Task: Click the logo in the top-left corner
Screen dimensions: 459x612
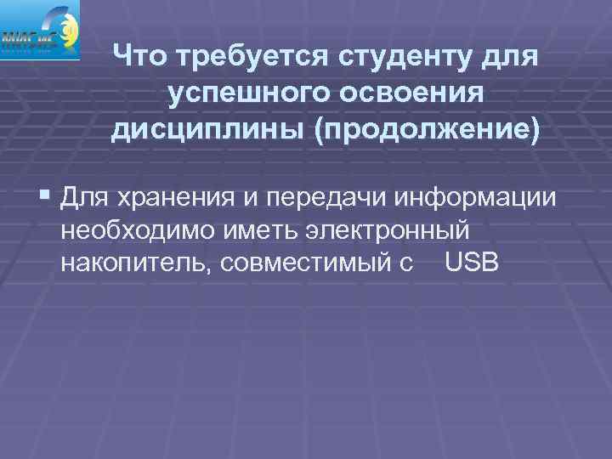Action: (x=40, y=30)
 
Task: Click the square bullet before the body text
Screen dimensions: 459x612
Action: (x=44, y=198)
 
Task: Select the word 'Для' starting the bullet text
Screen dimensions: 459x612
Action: (x=83, y=199)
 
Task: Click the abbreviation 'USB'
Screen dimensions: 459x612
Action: (x=471, y=263)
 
